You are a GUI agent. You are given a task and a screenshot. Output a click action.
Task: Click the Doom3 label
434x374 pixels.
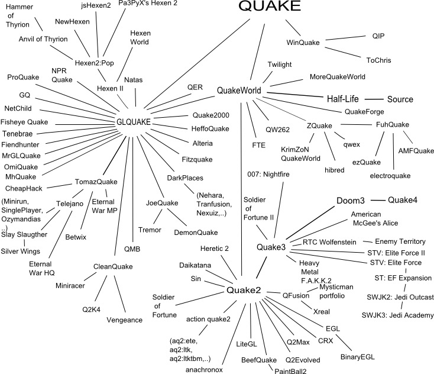pos(355,201)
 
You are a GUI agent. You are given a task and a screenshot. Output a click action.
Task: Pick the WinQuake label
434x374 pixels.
pos(303,43)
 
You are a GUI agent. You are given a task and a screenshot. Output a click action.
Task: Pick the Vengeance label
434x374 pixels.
pos(125,320)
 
